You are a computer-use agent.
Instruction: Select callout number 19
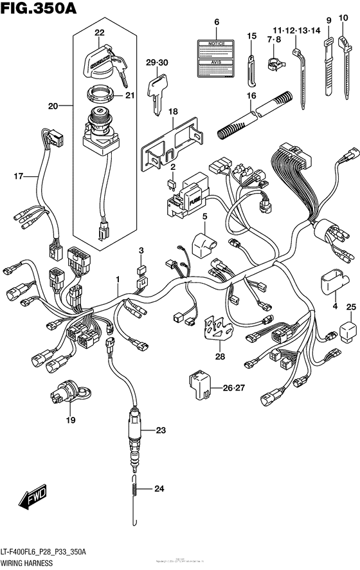tap(69, 420)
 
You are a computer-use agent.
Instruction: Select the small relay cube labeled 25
tap(349, 331)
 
